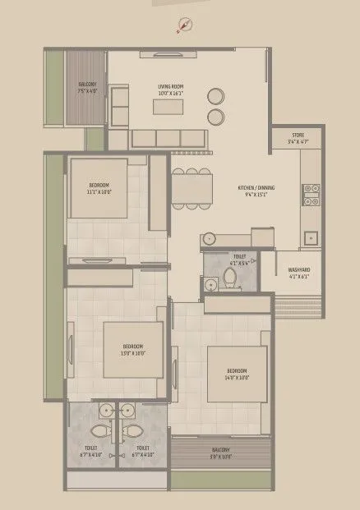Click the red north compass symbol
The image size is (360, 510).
click(x=183, y=27)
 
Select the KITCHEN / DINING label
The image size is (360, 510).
click(x=256, y=188)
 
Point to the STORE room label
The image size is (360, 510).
click(x=297, y=136)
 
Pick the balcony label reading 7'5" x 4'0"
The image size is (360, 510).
click(x=88, y=91)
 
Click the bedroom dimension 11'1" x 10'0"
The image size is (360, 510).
click(x=99, y=193)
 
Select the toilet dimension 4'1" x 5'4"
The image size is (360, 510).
click(x=239, y=263)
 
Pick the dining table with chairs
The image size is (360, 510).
click(x=191, y=188)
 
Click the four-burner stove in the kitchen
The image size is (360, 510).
click(x=311, y=194)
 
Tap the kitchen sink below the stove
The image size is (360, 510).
click(x=311, y=239)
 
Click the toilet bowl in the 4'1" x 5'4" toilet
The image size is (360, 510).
click(x=231, y=280)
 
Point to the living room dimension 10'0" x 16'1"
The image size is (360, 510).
click(x=170, y=93)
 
